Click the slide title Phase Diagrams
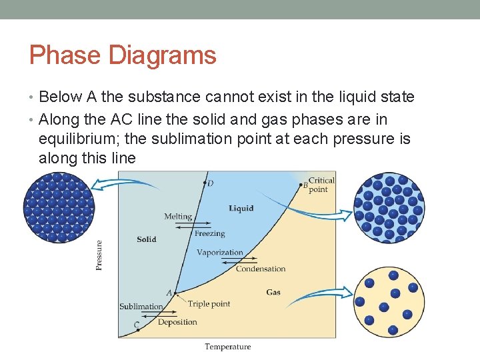coord(123,55)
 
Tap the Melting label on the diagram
coord(178,217)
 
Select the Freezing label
coord(210,234)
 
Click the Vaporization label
coord(220,253)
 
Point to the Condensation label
coord(261,269)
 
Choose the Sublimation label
coord(141,307)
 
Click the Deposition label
coord(177,322)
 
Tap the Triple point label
coord(209,304)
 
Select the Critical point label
coord(321,185)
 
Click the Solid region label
coord(147,239)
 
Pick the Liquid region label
coord(241,208)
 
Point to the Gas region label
coord(273,292)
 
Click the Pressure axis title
coord(99,255)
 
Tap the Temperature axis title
coord(228,347)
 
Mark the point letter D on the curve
coord(211,183)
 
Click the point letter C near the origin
coord(136,325)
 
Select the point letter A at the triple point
coord(169,293)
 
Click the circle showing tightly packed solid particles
coord(59,207)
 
